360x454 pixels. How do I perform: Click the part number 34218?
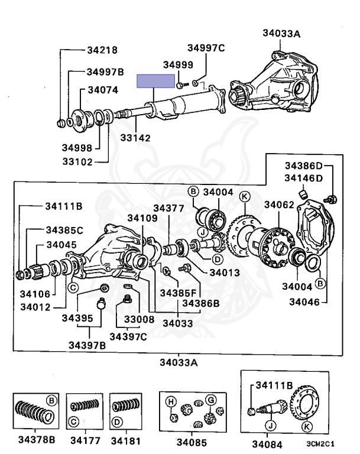point(102,50)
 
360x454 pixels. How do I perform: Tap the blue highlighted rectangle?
point(156,81)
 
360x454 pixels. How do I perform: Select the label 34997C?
point(206,48)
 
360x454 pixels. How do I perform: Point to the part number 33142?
point(135,138)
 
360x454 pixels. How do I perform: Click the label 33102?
point(77,161)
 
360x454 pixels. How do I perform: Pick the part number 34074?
point(103,90)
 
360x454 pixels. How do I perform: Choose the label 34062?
point(279,205)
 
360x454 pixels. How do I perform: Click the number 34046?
point(304,302)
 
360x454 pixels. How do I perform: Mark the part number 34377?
point(168,208)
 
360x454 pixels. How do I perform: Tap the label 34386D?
point(303,166)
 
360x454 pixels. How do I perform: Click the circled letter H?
point(171,401)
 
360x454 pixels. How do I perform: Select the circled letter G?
point(210,400)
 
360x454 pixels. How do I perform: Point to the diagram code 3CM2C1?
point(320,443)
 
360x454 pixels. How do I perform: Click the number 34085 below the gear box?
point(192,442)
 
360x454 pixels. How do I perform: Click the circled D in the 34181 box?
point(117,422)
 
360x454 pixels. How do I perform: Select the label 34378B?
point(37,440)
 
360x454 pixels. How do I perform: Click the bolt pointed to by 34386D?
point(332,199)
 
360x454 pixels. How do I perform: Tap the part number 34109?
point(142,218)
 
